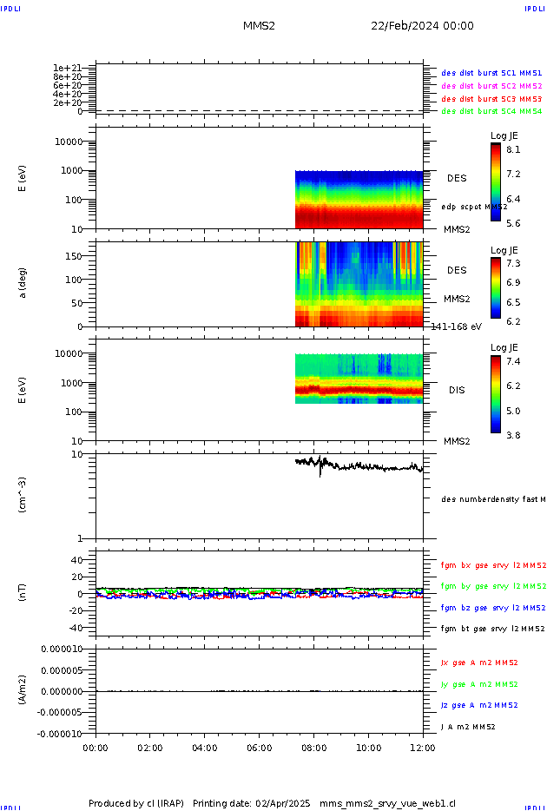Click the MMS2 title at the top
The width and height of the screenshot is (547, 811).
(x=259, y=26)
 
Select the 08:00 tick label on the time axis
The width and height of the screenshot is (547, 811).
(x=314, y=746)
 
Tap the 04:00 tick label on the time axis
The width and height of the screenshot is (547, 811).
(x=205, y=746)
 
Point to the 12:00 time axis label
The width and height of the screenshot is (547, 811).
(x=423, y=746)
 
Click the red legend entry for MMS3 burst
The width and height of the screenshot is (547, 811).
(x=491, y=99)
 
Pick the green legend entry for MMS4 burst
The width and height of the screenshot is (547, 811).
(x=491, y=111)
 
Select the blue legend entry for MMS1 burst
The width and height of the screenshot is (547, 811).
(x=491, y=74)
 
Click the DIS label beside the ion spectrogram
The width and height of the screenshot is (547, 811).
(x=457, y=390)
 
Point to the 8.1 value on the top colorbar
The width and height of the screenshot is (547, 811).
(x=513, y=149)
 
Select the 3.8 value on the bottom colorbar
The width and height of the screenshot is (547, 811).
(x=513, y=435)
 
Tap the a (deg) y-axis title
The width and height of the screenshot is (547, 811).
(x=23, y=283)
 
